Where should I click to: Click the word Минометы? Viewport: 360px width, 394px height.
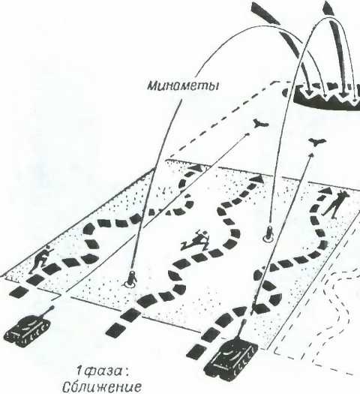point(182,86)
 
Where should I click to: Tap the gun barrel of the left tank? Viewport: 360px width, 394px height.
point(47,311)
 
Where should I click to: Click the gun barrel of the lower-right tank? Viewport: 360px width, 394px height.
point(241,329)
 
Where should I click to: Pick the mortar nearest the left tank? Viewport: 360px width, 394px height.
point(130,280)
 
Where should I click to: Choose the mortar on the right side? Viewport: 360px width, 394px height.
point(268,233)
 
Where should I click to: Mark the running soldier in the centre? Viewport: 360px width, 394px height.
point(196,241)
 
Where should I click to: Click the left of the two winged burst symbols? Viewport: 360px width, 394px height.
point(260,123)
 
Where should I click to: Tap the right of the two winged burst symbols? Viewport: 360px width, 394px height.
point(316,142)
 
